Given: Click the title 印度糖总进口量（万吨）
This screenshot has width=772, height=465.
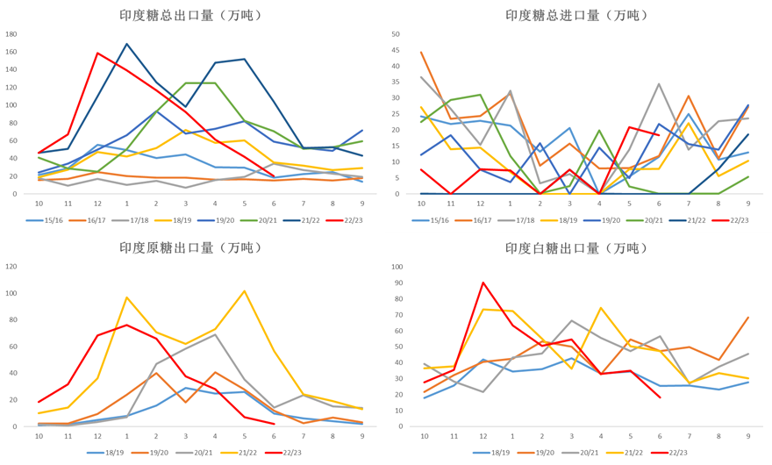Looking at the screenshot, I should pyautogui.click(x=576, y=15).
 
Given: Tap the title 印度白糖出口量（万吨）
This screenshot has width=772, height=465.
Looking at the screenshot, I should pyautogui.click(x=576, y=248).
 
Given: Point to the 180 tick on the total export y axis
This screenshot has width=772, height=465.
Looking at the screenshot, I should pyautogui.click(x=11, y=34).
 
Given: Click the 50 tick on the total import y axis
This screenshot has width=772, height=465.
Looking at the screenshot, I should pyautogui.click(x=396, y=34).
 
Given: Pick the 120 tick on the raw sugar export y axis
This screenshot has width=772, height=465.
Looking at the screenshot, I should pyautogui.click(x=11, y=267).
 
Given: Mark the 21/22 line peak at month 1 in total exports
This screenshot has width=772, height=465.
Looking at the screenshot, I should pyautogui.click(x=127, y=44).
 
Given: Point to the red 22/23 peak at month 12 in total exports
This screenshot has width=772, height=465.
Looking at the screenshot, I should pyautogui.click(x=97, y=54).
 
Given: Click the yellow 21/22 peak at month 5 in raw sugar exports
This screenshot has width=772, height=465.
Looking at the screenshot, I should pyautogui.click(x=245, y=290).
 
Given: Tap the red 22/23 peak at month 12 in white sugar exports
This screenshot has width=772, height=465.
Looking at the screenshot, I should pyautogui.click(x=483, y=283).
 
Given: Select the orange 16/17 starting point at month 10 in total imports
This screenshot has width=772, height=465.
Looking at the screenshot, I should pyautogui.click(x=421, y=53).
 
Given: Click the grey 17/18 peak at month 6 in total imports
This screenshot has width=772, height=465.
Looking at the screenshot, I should pyautogui.click(x=659, y=84).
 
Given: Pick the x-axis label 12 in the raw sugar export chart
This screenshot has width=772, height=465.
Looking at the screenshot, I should pyautogui.click(x=97, y=436).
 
